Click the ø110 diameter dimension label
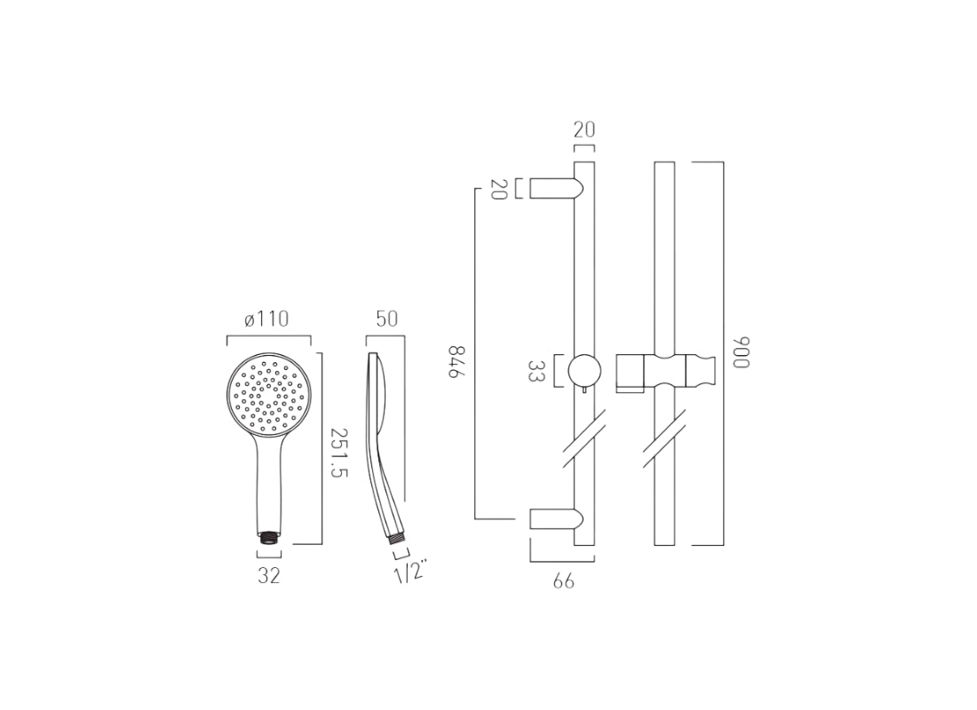point(266,319)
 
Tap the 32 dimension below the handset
point(269,575)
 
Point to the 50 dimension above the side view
point(386,319)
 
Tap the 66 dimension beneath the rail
point(563,581)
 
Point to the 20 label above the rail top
point(584,130)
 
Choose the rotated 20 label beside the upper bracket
point(498,189)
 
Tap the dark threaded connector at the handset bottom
point(269,537)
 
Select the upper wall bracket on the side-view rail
point(555,188)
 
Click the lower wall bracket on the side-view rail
point(555,519)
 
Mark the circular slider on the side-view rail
point(584,370)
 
